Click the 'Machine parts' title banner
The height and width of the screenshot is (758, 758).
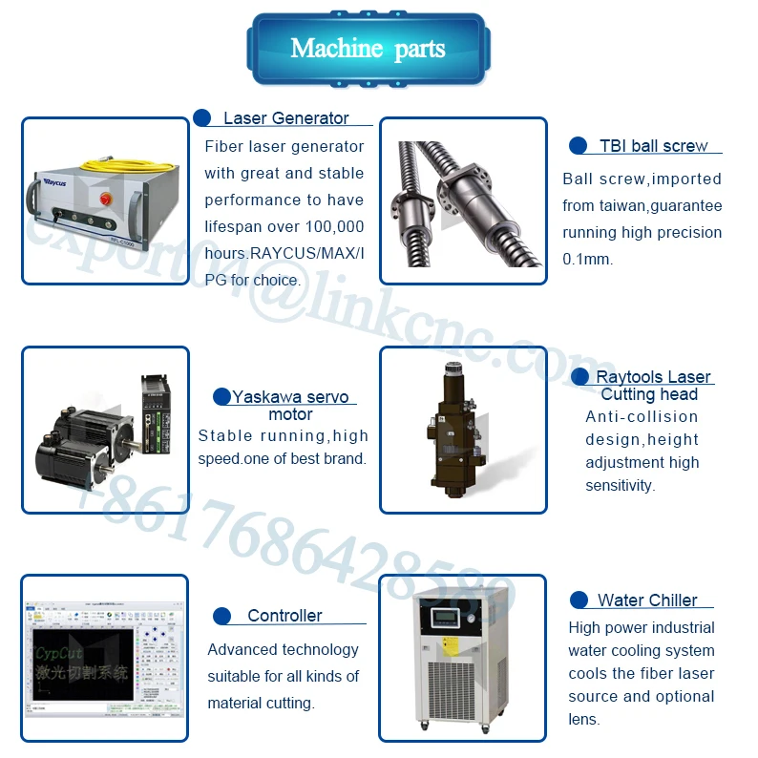click(x=367, y=49)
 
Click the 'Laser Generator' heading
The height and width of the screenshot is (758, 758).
click(x=285, y=118)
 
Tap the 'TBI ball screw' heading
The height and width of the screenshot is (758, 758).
click(x=654, y=146)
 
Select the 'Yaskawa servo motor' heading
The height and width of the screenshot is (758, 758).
click(x=290, y=405)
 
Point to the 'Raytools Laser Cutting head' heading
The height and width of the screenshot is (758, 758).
click(x=653, y=386)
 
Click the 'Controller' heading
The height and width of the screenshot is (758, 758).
click(x=284, y=616)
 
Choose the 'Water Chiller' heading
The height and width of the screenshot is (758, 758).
click(x=647, y=600)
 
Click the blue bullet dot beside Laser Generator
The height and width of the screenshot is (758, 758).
click(x=202, y=118)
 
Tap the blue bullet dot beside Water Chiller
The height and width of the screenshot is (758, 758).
click(x=579, y=600)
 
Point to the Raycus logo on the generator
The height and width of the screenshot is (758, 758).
click(x=60, y=179)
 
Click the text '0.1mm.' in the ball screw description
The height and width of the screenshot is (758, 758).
click(x=587, y=259)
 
